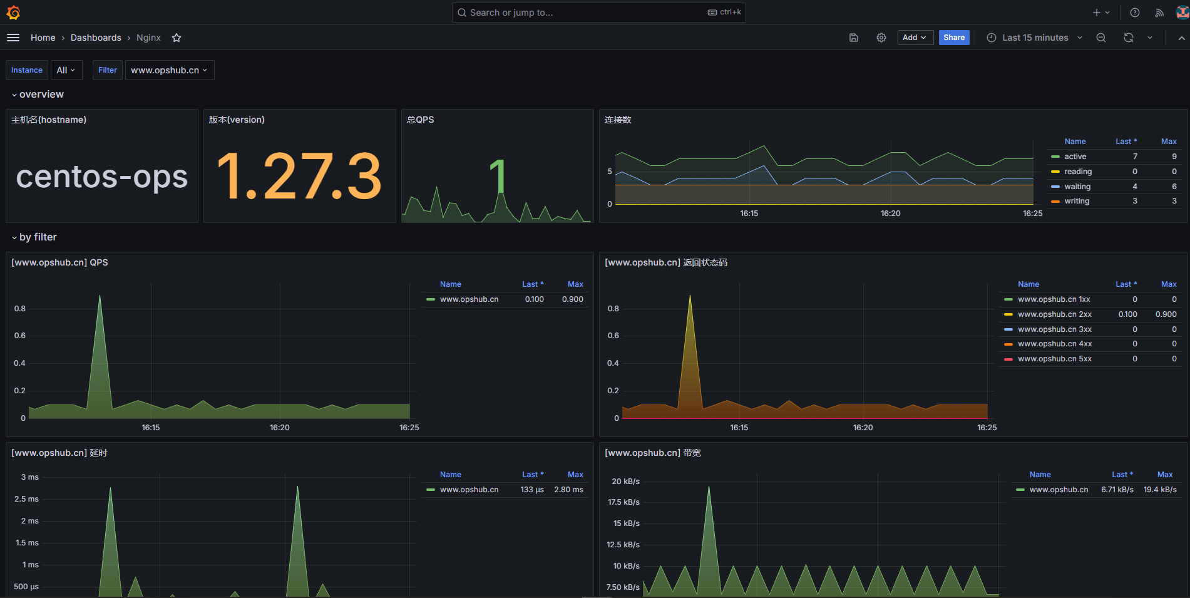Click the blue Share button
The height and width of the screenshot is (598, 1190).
953,38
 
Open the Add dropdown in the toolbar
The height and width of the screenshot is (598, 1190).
915,38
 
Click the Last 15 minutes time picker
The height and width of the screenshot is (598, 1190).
1035,38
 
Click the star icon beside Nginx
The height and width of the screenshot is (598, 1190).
177,38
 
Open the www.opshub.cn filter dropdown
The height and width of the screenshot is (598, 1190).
169,70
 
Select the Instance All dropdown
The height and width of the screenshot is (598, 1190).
65,70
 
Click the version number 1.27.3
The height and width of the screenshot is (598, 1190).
299,177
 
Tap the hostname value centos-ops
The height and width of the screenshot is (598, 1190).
101,177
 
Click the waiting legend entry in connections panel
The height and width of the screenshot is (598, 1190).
1077,187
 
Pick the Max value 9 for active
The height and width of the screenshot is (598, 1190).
1174,157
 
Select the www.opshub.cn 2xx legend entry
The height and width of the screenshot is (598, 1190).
1054,314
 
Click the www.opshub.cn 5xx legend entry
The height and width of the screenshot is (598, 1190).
1054,359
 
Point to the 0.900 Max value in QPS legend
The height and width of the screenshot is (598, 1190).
572,299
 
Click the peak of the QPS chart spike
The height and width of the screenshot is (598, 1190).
100,296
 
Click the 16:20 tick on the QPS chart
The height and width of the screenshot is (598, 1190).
279,428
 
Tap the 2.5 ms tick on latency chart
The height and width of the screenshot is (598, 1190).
26,499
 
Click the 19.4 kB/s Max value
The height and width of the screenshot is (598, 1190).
1159,490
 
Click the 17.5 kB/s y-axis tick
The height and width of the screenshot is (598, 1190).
623,502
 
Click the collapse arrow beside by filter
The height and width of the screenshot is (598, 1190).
14,238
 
